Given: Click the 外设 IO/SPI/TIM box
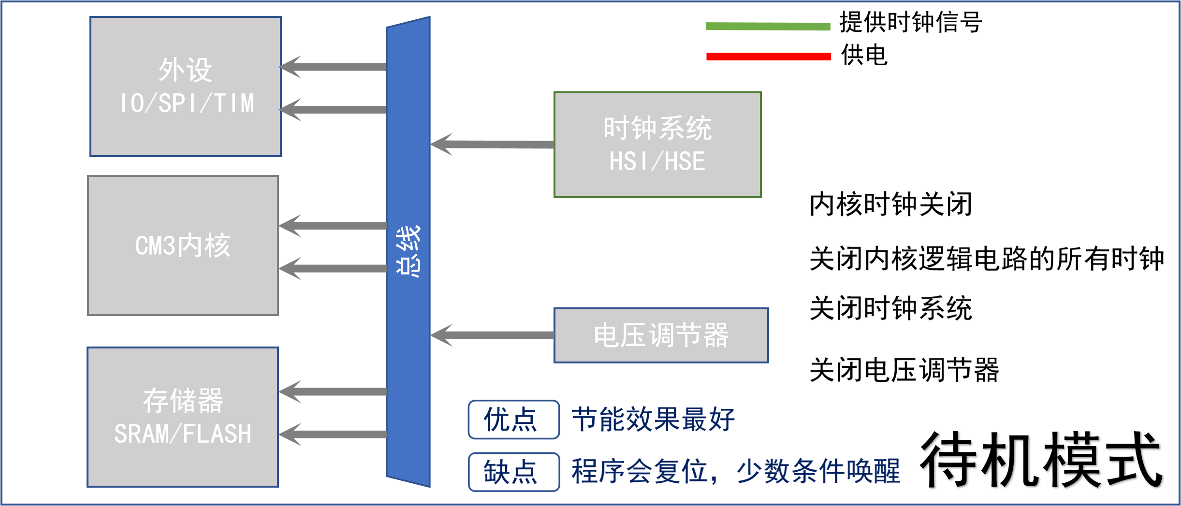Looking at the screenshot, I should [x=186, y=87].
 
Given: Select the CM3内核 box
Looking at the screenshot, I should [x=183, y=246].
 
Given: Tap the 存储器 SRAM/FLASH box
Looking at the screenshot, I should [x=183, y=417].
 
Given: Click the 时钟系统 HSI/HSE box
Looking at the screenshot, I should [x=657, y=145].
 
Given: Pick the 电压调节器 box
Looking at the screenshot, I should [x=661, y=335].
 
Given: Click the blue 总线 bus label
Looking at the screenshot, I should [x=408, y=251].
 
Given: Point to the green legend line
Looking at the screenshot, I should [x=768, y=26].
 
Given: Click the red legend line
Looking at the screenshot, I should [x=768, y=57].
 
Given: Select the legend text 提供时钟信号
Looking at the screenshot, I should [x=911, y=22].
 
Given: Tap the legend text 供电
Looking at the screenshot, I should [x=864, y=55].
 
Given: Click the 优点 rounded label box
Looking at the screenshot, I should [x=513, y=419].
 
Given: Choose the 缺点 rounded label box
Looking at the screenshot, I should [x=513, y=472].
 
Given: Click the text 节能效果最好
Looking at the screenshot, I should [x=653, y=419].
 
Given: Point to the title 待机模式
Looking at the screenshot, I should [x=1041, y=461].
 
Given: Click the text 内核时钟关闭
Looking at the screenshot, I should [x=890, y=204].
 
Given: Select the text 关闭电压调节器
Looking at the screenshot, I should [x=904, y=371].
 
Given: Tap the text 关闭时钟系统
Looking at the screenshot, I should [x=890, y=308].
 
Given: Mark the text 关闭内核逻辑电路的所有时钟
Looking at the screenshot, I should [x=986, y=259].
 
